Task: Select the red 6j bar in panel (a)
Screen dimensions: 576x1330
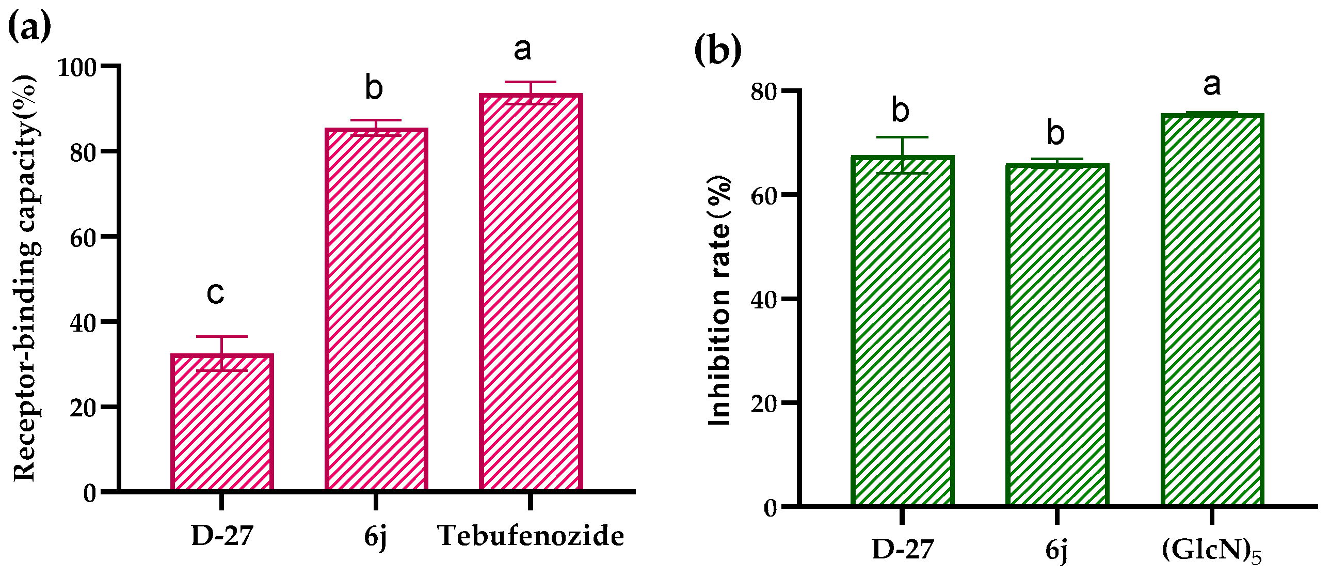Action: (376, 310)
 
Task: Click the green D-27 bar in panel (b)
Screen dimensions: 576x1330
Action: (902, 331)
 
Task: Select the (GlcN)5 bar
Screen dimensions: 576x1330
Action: (1212, 310)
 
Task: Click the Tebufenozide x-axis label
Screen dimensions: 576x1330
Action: (531, 536)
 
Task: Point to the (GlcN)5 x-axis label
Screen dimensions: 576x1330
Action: (1211, 551)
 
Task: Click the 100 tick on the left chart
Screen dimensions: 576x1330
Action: (77, 67)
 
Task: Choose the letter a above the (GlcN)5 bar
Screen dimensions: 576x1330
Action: (1212, 85)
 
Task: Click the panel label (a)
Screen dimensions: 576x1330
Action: (29, 27)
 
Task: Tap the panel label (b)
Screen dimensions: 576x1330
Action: (718, 50)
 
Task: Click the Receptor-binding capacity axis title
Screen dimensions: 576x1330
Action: (26, 279)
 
